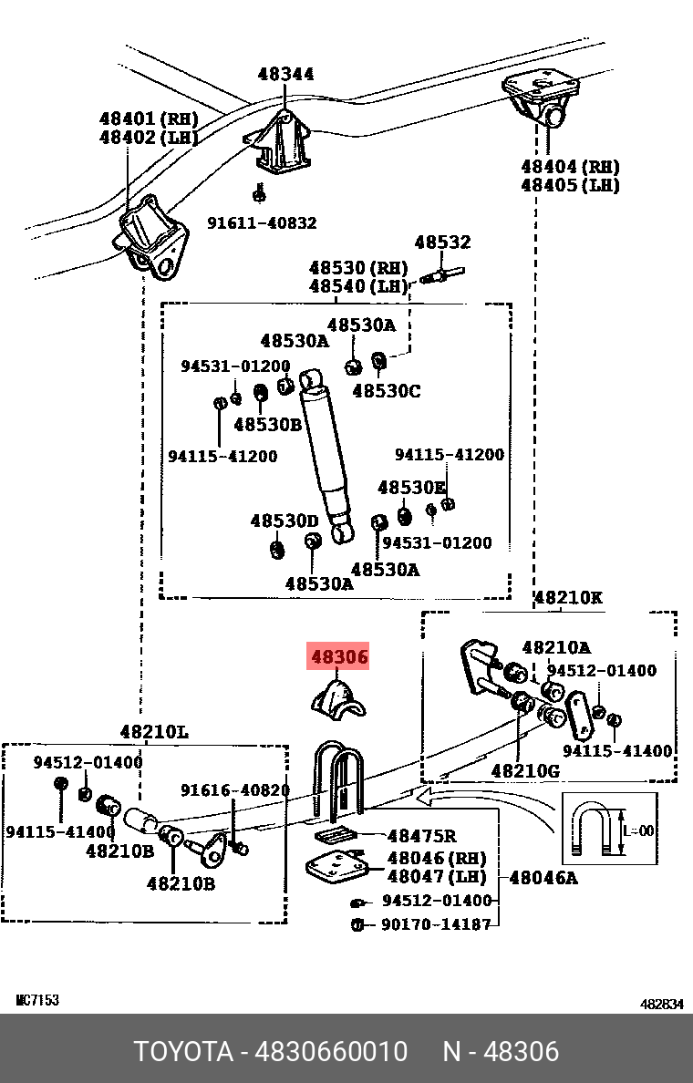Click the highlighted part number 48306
[x=339, y=656]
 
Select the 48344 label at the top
[x=285, y=75]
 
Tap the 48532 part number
[x=443, y=242]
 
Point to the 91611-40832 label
[x=262, y=222]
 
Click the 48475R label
[x=422, y=836]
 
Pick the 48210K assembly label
[x=568, y=598]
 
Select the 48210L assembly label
[x=154, y=731]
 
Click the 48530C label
[x=387, y=391]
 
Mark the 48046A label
[x=543, y=878]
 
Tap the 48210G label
[x=525, y=770]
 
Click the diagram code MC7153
[x=37, y=1000]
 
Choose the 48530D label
[x=284, y=521]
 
